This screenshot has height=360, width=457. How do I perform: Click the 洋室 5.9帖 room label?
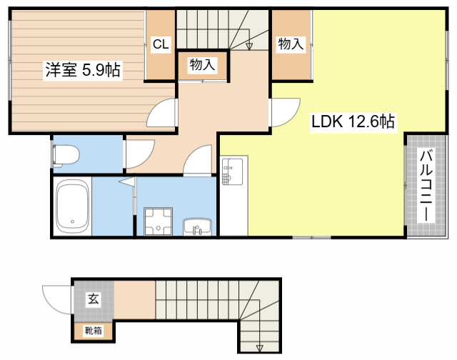pos(83,70)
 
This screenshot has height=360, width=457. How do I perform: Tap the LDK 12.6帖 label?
pos(353,121)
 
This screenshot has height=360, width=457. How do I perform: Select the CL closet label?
pos(161,44)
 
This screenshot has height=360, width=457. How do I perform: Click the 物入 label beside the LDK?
pos(291,44)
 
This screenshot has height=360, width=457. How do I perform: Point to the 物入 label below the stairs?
pos(202,64)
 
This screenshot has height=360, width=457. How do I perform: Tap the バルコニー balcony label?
pos(426,186)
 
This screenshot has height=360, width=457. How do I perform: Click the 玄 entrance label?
pos(94,299)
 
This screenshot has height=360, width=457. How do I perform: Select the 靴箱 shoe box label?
pos(94,331)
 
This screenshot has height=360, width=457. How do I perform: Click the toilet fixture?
pos(66,156)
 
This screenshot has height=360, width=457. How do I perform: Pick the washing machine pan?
pos(159,221)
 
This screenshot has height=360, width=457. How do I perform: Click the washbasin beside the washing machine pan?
pos(197,226)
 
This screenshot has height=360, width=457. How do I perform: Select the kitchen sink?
pos(233,171)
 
